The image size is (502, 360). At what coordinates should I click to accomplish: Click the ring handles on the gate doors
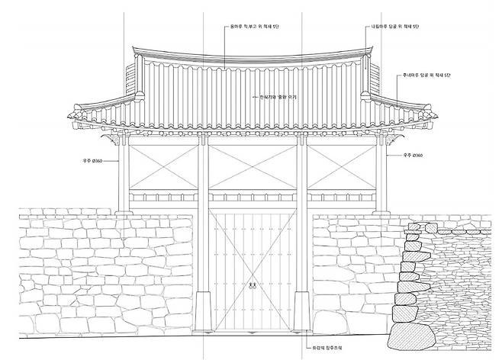[x=251, y=287]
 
